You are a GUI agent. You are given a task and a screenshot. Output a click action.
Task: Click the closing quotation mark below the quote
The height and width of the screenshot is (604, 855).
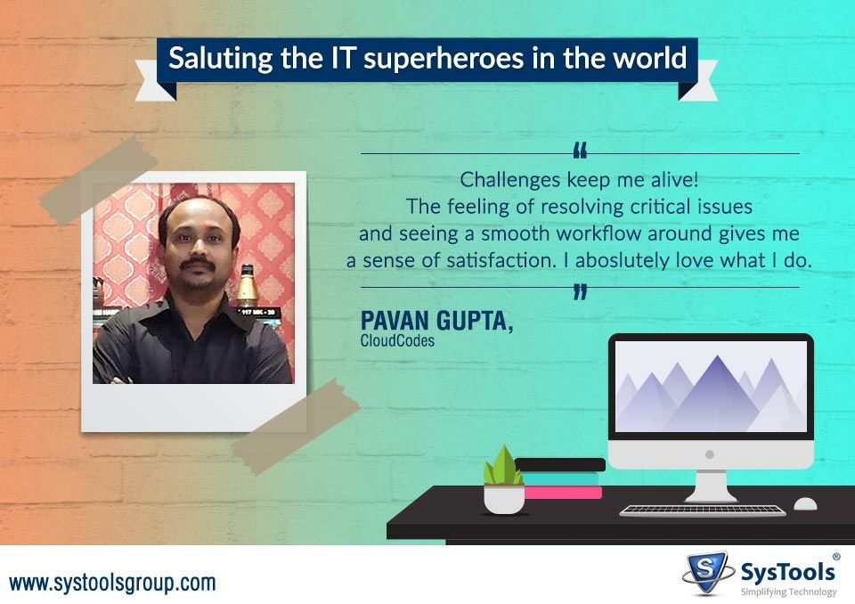(x=581, y=291)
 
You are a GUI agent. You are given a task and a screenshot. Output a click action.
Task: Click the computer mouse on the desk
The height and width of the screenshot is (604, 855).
(x=805, y=504)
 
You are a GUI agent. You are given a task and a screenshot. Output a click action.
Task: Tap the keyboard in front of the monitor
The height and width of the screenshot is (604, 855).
(x=703, y=510)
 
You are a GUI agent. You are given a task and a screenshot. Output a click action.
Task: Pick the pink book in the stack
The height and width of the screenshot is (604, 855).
(x=563, y=493)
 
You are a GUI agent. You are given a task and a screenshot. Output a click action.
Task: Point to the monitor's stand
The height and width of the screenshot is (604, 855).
(x=710, y=486)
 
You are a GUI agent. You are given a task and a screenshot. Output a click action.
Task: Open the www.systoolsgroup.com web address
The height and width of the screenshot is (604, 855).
(x=113, y=584)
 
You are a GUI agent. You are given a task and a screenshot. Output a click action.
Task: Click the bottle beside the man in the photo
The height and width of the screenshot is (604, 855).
(x=248, y=285)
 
